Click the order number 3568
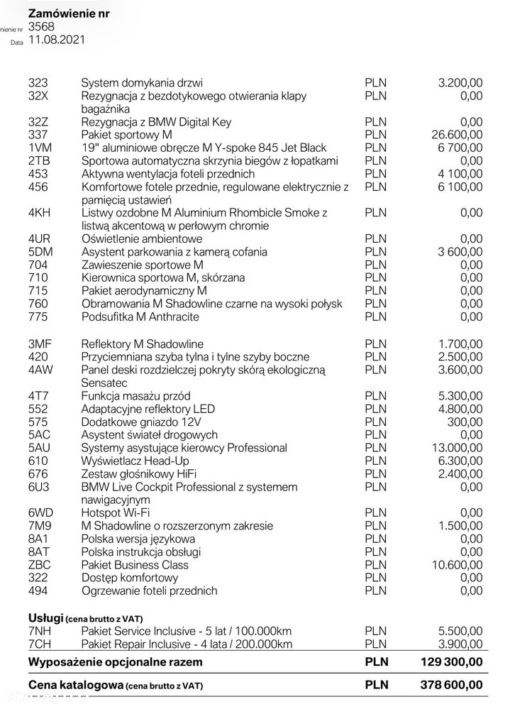click(x=41, y=27)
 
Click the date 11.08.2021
click(x=57, y=40)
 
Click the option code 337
click(x=38, y=135)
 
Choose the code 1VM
click(x=40, y=148)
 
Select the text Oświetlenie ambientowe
click(x=142, y=238)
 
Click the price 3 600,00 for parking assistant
click(x=457, y=252)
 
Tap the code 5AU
click(x=40, y=448)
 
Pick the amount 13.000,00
click(x=455, y=448)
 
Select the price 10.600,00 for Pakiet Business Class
click(x=455, y=565)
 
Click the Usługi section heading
click(x=46, y=618)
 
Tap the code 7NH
click(x=40, y=632)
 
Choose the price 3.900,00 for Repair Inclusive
click(x=459, y=644)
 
